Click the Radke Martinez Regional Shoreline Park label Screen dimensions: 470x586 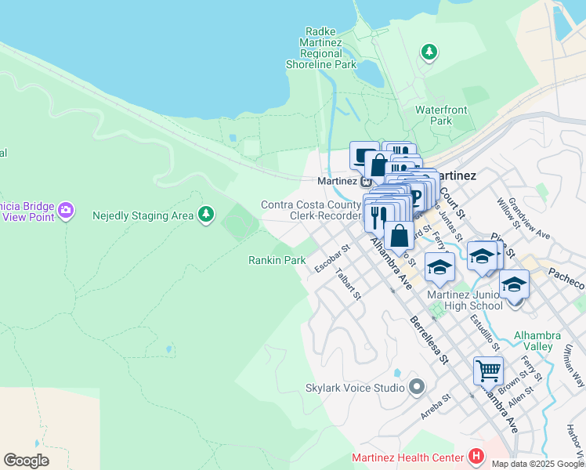tap(331, 48)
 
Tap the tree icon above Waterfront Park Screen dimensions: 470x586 tap(429, 52)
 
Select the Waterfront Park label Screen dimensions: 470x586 tap(441, 115)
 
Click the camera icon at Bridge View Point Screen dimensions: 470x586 tap(65, 209)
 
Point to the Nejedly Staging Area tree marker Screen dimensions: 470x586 tap(206, 214)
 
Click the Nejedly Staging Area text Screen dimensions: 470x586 tap(143, 215)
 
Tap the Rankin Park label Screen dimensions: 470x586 tap(277, 260)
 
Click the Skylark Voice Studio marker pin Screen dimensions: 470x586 tap(417, 386)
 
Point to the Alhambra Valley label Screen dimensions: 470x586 tap(537, 341)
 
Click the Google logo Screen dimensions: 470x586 tap(26, 461)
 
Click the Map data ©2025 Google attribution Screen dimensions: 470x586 tap(537, 464)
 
